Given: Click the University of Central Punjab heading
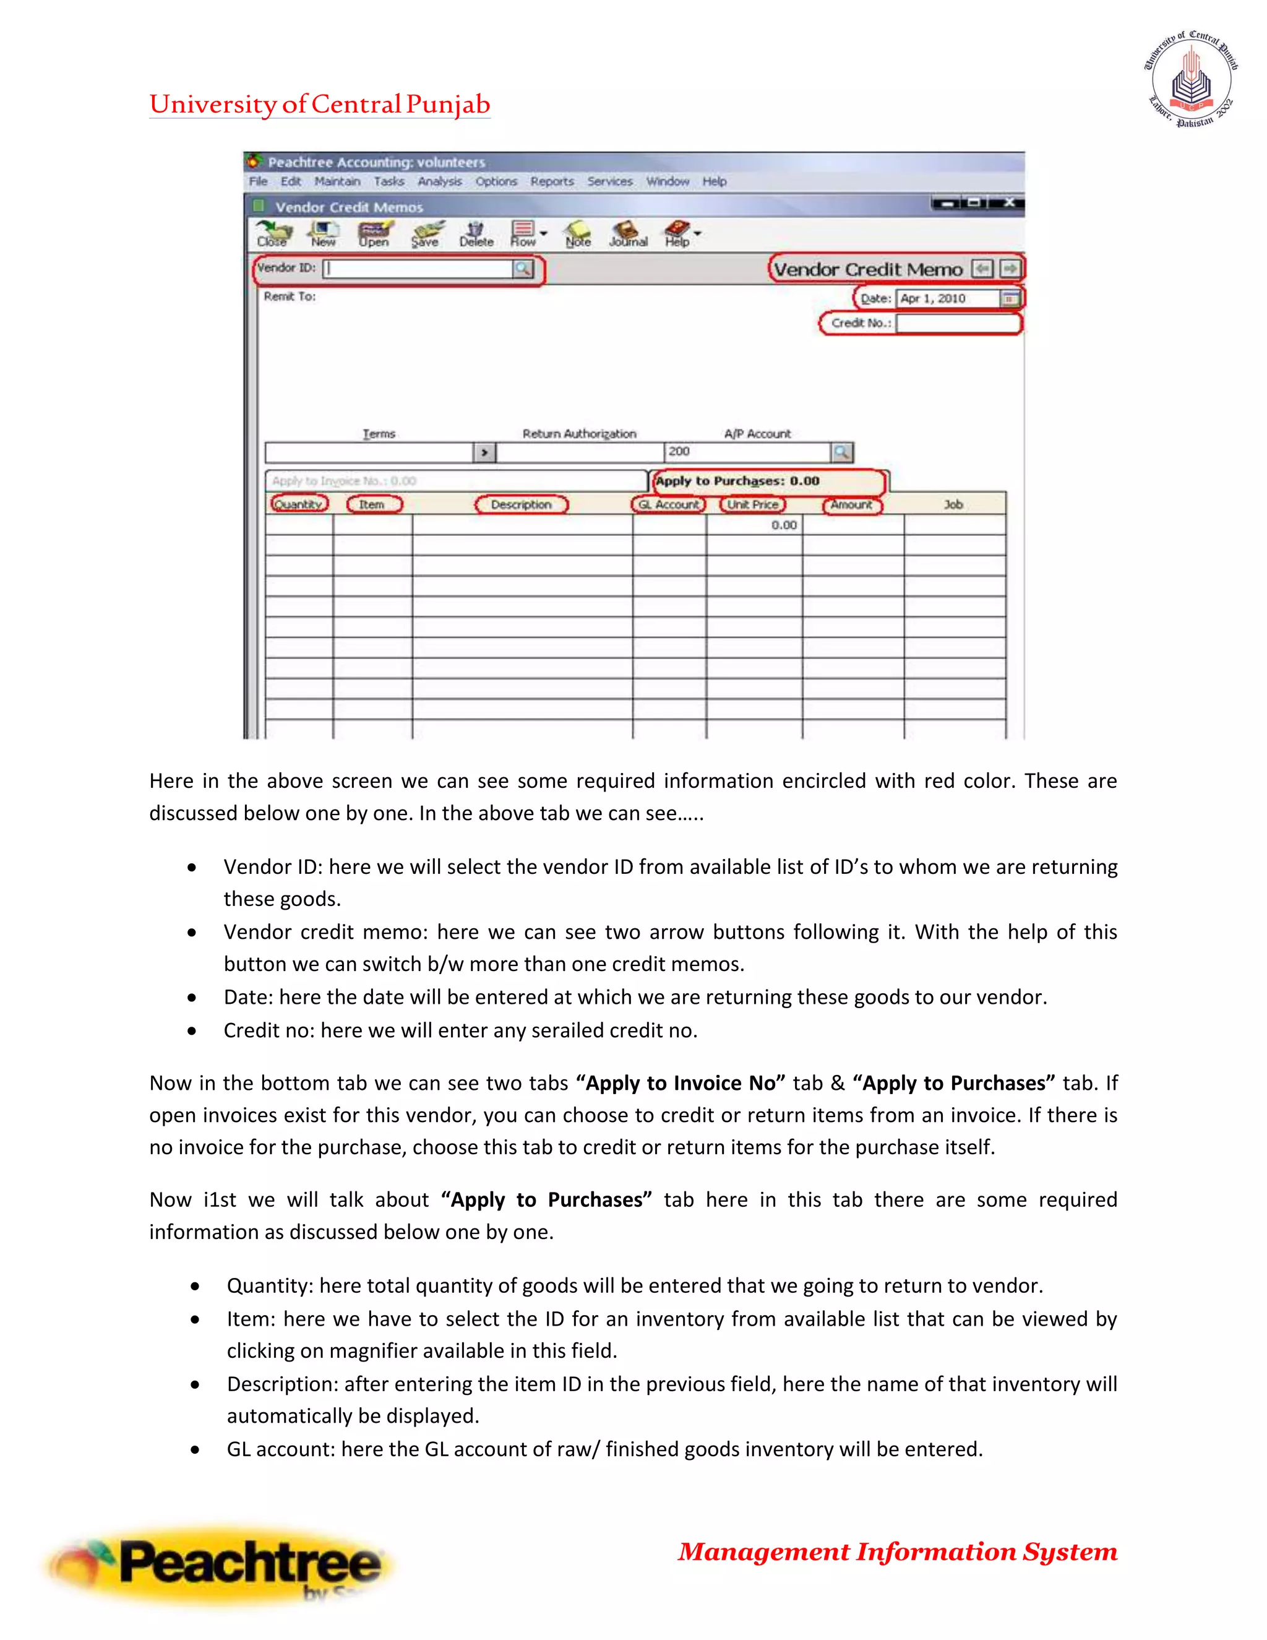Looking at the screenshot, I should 320,105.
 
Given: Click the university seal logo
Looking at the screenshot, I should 1190,80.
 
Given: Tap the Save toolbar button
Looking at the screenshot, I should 426,233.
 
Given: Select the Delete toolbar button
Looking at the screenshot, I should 476,233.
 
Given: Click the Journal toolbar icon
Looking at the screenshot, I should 627,233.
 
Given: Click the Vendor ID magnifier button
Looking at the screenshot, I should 522,269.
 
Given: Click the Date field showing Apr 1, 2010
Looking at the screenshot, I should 948,299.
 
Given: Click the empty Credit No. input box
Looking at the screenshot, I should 957,324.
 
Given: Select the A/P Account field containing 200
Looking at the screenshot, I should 747,452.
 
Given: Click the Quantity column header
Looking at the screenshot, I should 299,504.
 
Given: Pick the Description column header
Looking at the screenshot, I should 521,504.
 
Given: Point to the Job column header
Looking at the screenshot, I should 953,504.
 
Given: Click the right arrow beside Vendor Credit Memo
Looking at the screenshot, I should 1010,269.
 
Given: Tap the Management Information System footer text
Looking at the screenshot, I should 897,1552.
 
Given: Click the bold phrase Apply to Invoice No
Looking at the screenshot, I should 680,1084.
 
